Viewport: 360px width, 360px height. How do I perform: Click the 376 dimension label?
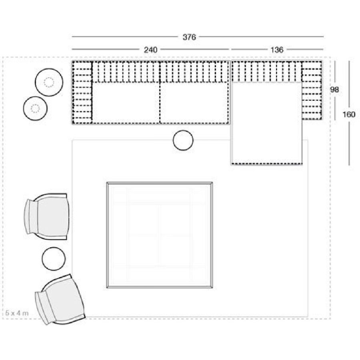189,37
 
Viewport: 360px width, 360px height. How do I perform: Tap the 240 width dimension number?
150,50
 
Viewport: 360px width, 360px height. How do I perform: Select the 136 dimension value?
277,50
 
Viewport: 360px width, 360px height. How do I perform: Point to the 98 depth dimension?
334,90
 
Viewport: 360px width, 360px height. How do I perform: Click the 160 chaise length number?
349,114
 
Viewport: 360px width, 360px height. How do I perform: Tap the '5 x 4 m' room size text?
17,313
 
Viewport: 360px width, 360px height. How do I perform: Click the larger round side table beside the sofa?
49,82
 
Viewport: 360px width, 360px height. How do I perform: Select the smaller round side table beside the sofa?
35,108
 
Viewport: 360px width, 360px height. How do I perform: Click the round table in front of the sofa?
183,140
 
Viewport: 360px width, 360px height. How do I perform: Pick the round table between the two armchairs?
54,259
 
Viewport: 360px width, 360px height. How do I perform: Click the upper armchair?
47,216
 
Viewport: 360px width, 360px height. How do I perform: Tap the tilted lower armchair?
60,299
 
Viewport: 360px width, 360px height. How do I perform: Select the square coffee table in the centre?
160,235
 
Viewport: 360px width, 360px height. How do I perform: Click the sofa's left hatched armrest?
82,92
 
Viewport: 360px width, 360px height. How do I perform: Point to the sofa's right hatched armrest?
312,90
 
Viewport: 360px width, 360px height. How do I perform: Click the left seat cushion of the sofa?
126,103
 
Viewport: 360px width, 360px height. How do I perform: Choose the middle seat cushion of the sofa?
194,103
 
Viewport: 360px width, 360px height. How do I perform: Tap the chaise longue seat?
266,123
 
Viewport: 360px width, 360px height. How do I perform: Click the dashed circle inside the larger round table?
49,82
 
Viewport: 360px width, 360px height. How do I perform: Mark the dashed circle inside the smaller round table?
35,108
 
